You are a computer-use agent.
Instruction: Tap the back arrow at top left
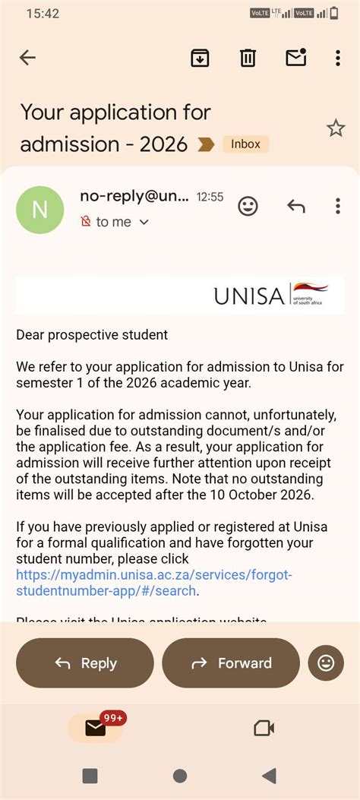pyautogui.click(x=27, y=58)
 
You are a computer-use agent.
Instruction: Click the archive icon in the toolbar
pyautogui.click(x=200, y=58)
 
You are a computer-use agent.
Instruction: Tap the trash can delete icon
pyautogui.click(x=248, y=58)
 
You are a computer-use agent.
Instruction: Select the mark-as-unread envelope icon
pyautogui.click(x=295, y=58)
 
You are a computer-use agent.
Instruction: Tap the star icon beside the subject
pyautogui.click(x=336, y=128)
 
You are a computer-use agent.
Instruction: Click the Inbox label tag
pyautogui.click(x=245, y=144)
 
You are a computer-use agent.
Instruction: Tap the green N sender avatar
pyautogui.click(x=40, y=210)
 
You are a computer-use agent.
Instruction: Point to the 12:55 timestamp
pyautogui.click(x=210, y=197)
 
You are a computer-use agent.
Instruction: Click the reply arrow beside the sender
pyautogui.click(x=296, y=206)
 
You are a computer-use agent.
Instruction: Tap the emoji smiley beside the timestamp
pyautogui.click(x=248, y=206)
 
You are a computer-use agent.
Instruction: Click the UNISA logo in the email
pyautogui.click(x=270, y=295)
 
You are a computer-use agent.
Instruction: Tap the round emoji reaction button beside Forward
pyautogui.click(x=326, y=663)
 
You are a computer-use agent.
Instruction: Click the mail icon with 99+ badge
pyautogui.click(x=96, y=728)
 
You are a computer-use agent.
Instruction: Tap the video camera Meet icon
pyautogui.click(x=264, y=729)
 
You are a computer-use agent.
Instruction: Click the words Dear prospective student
pyautogui.click(x=92, y=334)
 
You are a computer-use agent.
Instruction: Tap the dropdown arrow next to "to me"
pyautogui.click(x=144, y=222)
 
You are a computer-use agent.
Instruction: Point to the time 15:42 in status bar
pyautogui.click(x=43, y=13)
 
